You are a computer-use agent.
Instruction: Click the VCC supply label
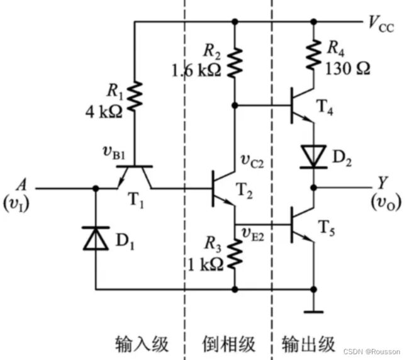point(381,24)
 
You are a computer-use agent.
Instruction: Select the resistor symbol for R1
point(135,96)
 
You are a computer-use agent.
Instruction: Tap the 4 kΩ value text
point(104,112)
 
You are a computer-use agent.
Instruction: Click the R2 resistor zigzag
point(235,62)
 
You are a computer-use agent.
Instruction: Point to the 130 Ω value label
point(348,69)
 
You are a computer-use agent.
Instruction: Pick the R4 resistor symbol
point(313,55)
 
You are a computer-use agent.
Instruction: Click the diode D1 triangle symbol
point(96,239)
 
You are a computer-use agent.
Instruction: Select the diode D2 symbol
point(313,157)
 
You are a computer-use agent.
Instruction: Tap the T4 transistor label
point(325,107)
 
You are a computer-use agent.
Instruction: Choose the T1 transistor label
point(136,201)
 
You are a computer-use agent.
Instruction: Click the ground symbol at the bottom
point(313,312)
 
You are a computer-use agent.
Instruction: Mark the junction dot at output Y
point(314,188)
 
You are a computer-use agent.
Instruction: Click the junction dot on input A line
point(96,188)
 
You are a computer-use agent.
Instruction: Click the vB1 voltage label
point(114,153)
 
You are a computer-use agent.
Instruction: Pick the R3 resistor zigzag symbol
point(235,254)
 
